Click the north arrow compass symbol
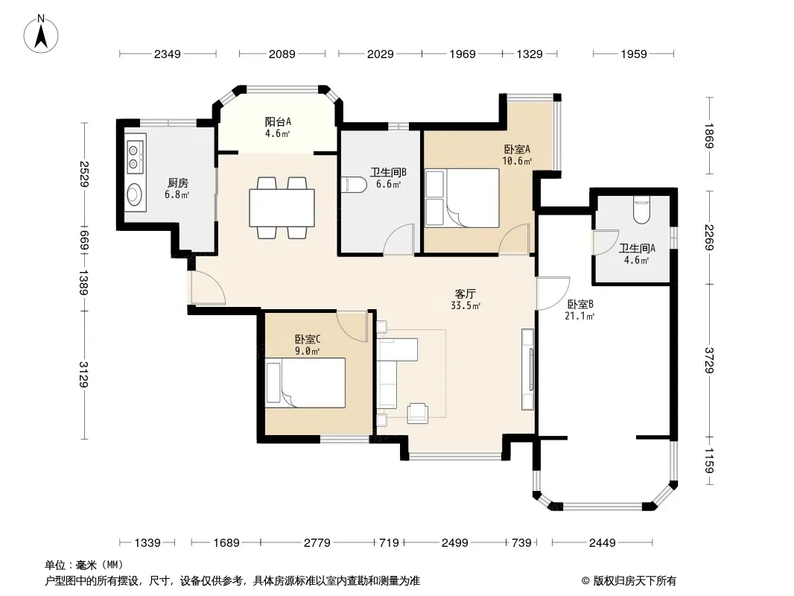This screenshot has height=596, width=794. coord(41,34)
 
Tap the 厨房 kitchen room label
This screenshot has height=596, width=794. coord(177,183)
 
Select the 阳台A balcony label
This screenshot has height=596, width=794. coord(278,121)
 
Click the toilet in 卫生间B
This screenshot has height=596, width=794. coord(354,185)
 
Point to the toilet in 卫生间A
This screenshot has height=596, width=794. coord(641,211)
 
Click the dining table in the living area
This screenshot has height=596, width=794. coord(282,208)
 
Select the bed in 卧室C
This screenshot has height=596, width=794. coord(306,383)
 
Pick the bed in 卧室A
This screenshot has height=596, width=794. coord(463,198)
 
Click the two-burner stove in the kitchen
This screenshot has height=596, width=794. coord(134,156)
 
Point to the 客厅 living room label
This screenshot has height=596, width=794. coord(465,294)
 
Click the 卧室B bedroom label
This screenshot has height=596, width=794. coord(580,304)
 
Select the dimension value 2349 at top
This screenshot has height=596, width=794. coord(167,54)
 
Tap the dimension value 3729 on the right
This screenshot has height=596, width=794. coord(708,361)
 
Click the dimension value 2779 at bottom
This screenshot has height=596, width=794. coord(317,543)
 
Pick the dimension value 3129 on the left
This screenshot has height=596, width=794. coord(83,374)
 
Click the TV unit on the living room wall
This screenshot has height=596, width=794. coord(527,370)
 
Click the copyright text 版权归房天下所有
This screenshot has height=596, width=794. coord(634,581)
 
